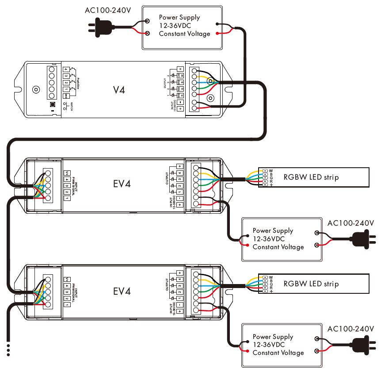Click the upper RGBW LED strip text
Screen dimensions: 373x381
[x=311, y=177]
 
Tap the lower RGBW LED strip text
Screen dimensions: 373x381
[x=311, y=284]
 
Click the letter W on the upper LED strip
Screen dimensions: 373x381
[x=271, y=171]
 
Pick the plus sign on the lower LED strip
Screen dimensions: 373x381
[x=271, y=292]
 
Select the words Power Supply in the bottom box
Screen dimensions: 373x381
[x=272, y=337]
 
